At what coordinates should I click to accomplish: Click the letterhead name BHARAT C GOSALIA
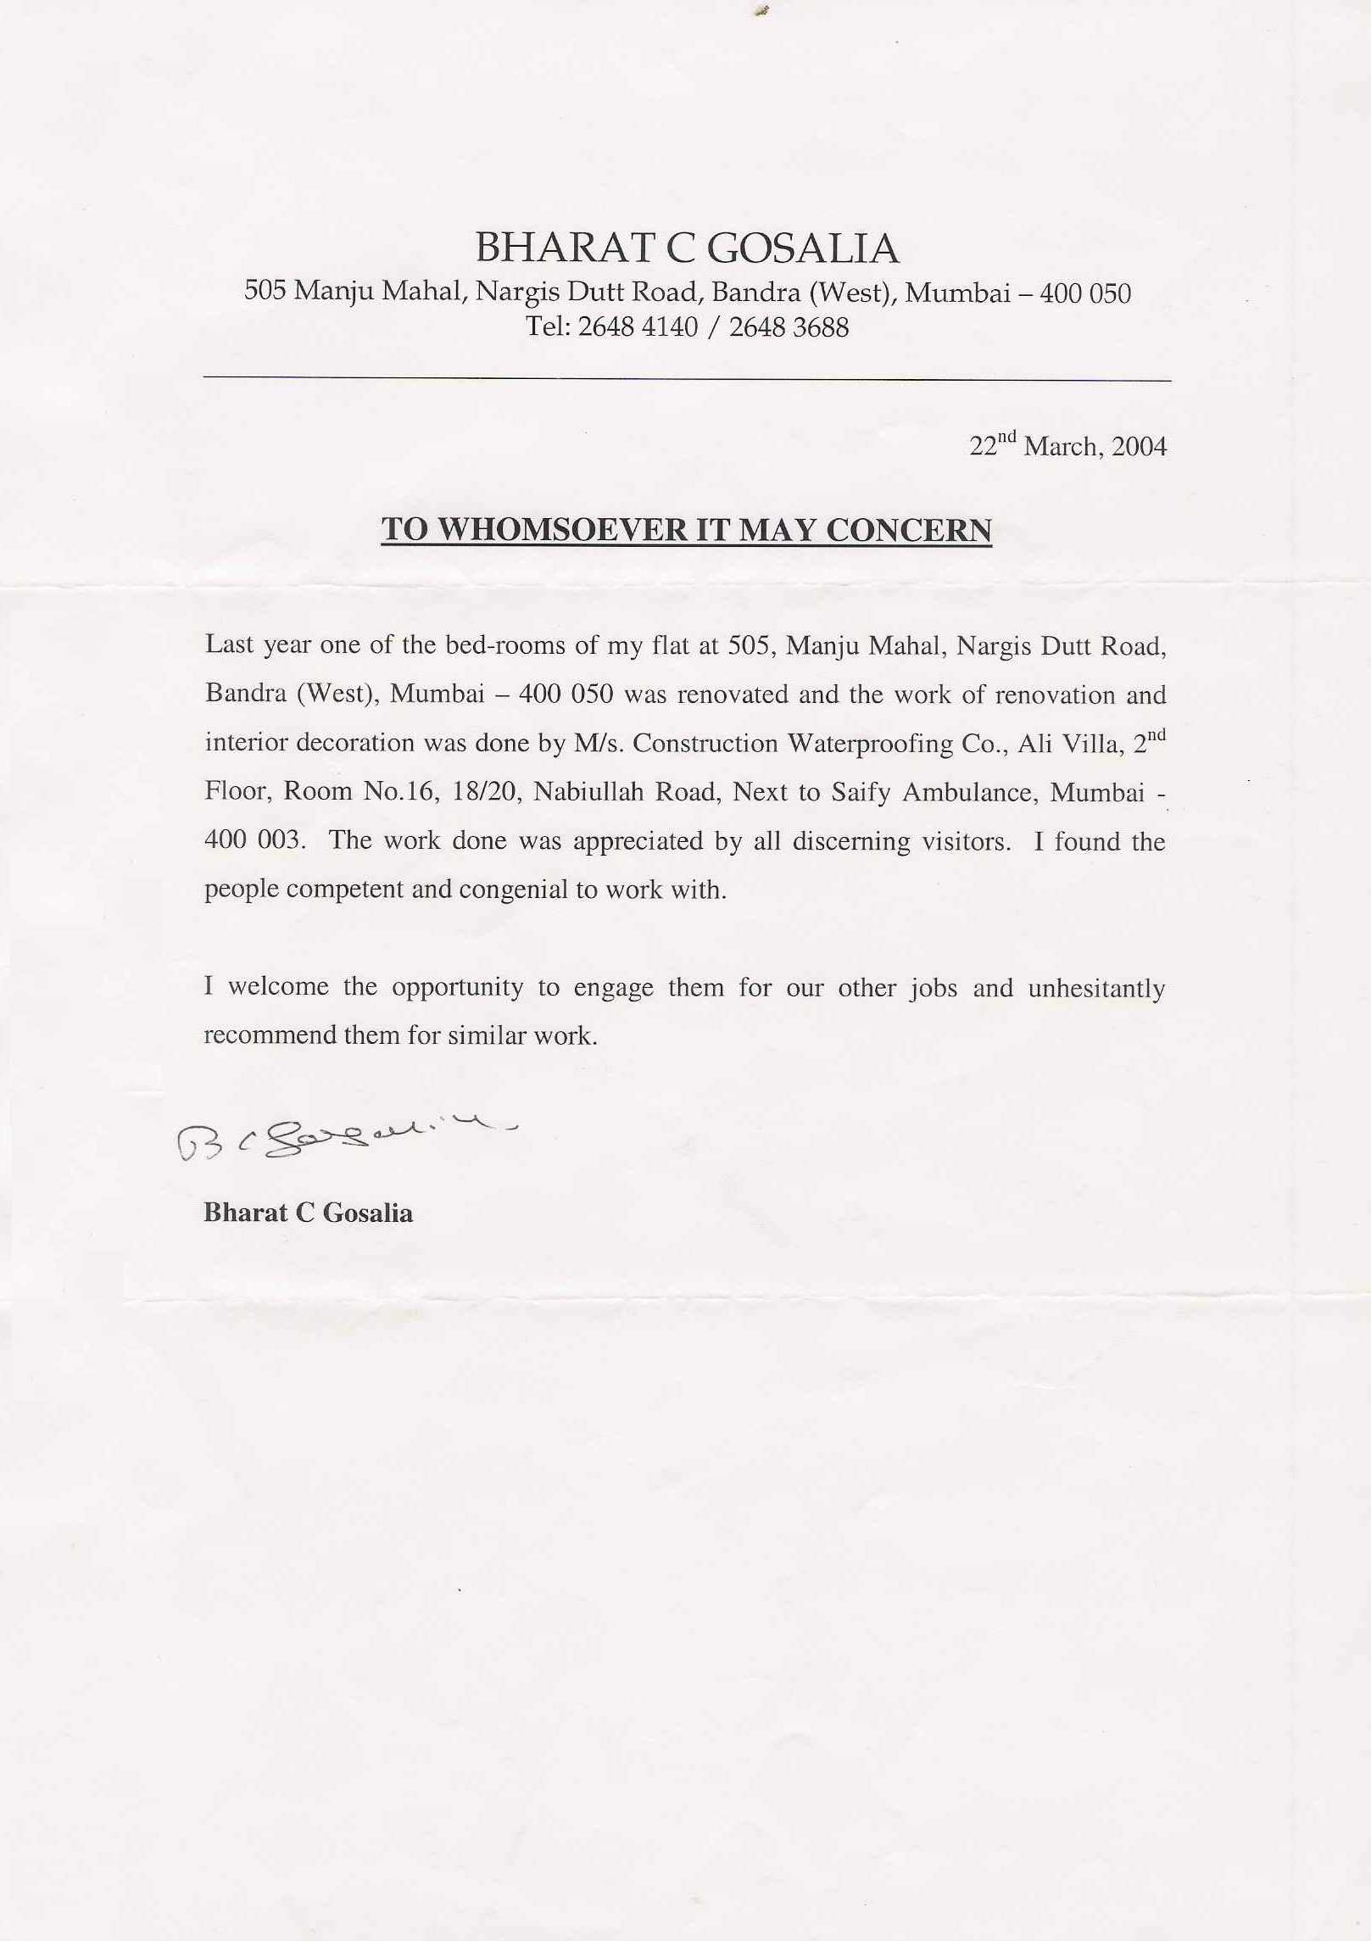pos(686,248)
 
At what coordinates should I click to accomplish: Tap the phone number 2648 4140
pos(637,327)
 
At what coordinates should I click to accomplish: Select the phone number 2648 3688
pos(788,327)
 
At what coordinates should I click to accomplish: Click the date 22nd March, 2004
pos(1067,446)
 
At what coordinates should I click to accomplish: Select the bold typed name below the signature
pos(308,1213)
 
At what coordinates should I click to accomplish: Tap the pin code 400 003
pos(253,840)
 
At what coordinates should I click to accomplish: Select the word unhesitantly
pos(1096,989)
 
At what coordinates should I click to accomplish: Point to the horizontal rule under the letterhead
pos(686,379)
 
